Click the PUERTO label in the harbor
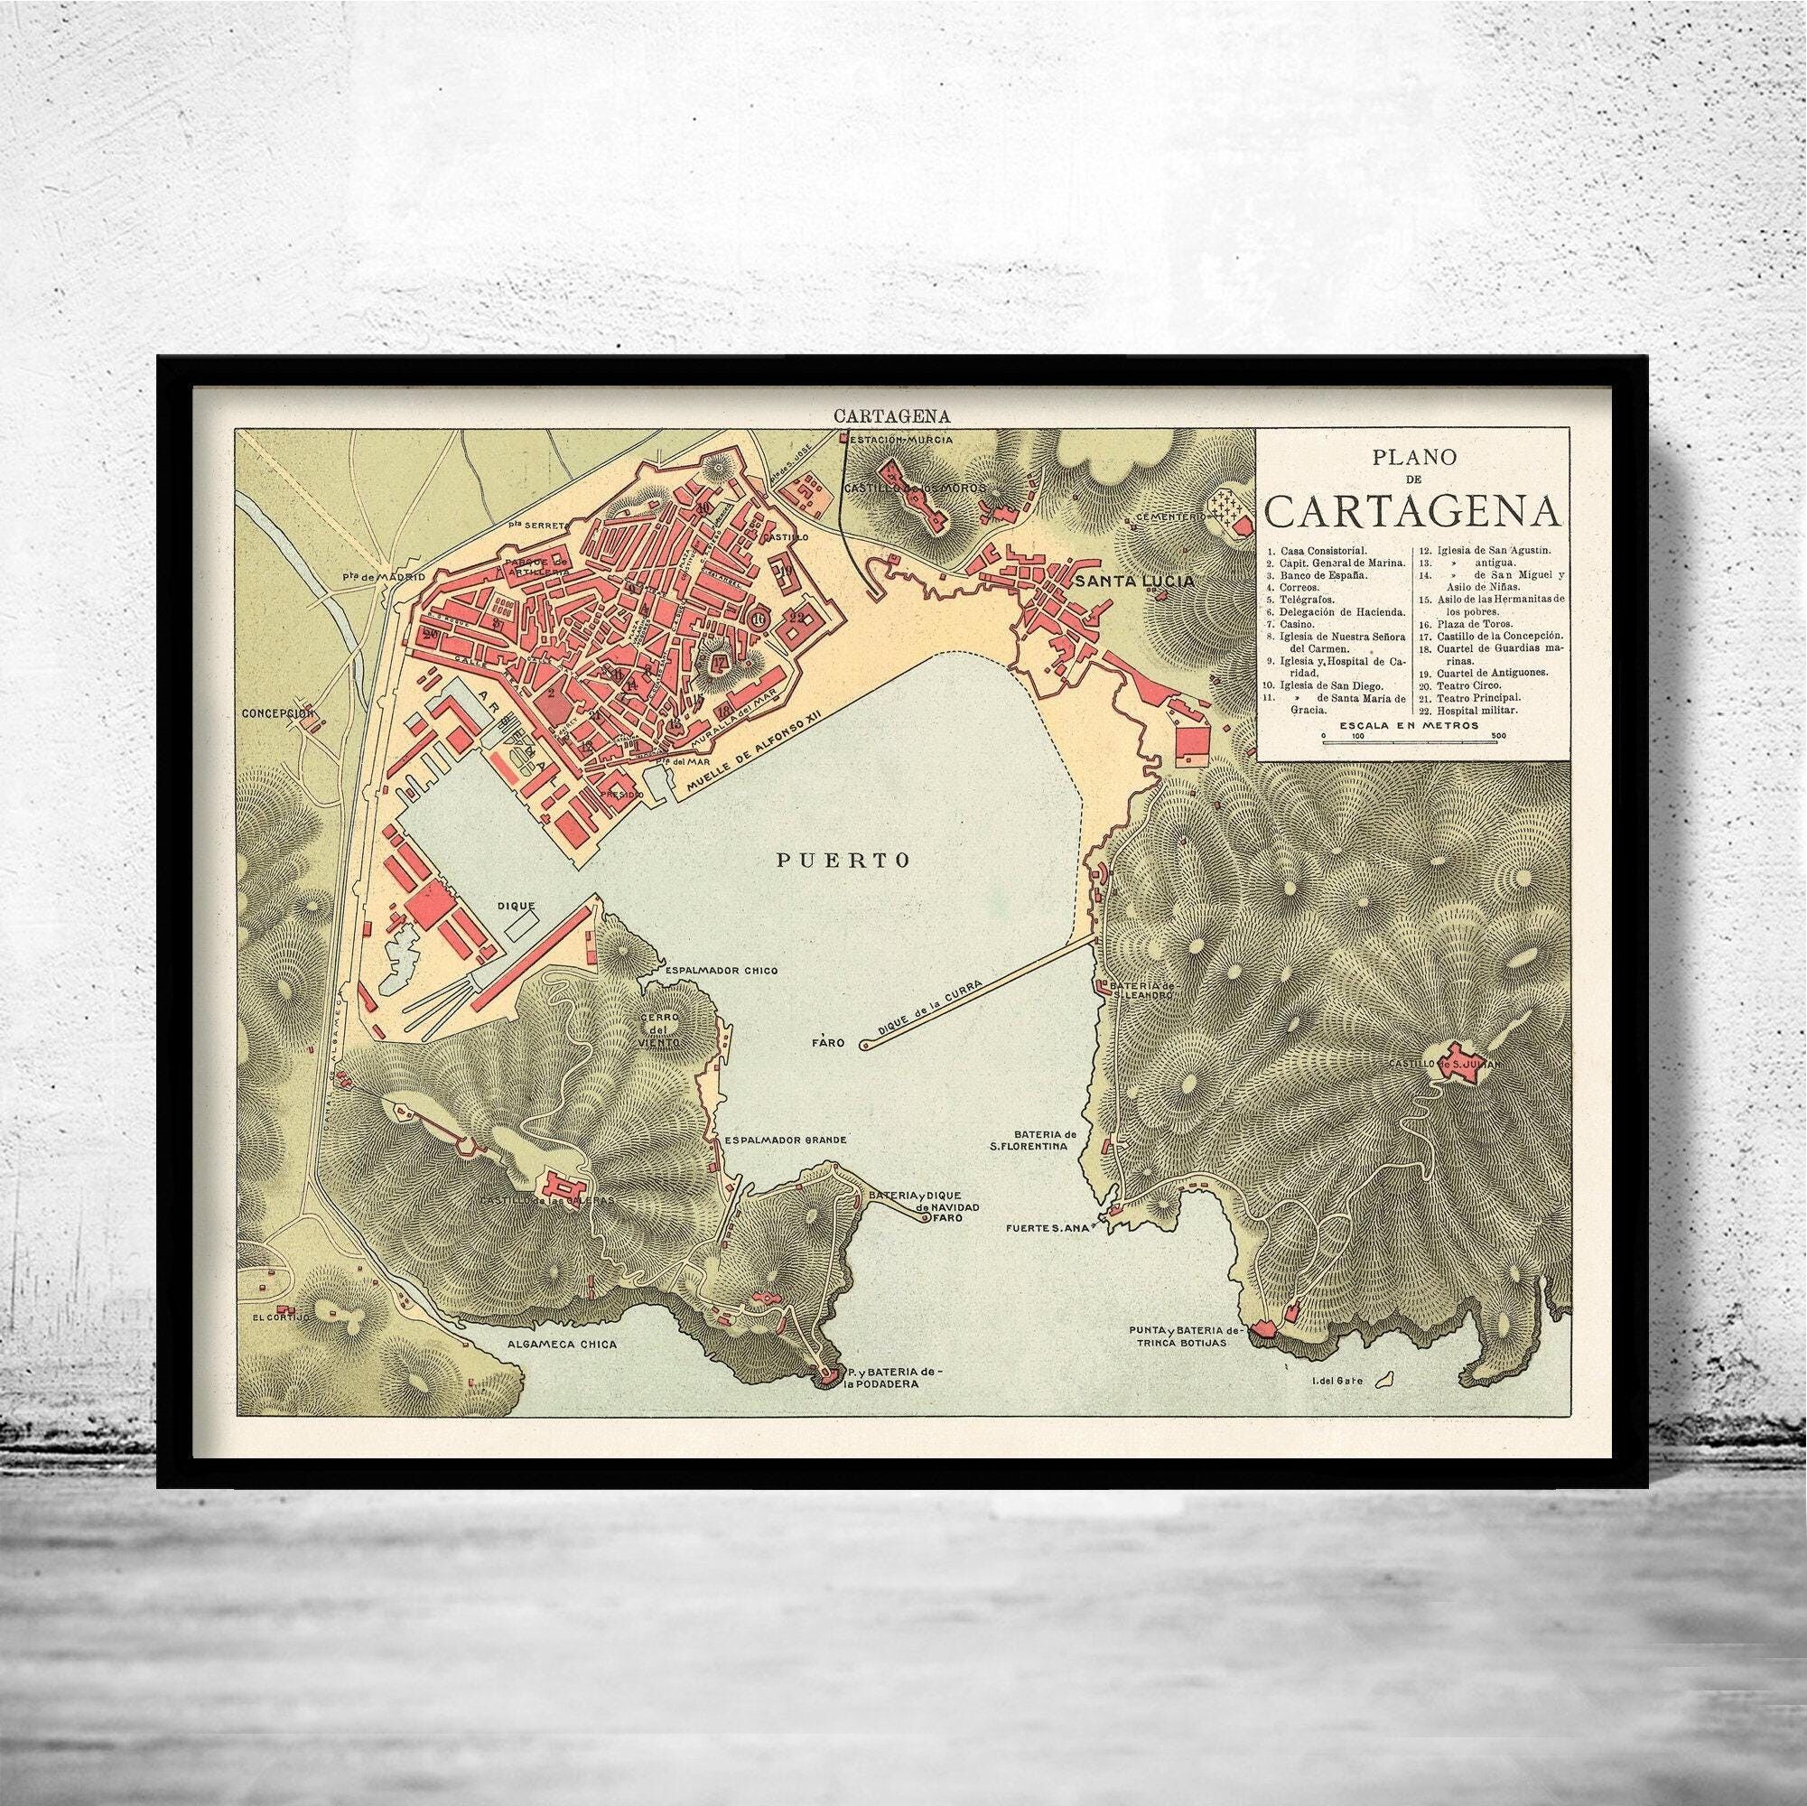(843, 861)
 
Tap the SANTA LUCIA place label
(1134, 581)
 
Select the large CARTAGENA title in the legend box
(1412, 511)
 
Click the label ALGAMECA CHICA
(551, 1345)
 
